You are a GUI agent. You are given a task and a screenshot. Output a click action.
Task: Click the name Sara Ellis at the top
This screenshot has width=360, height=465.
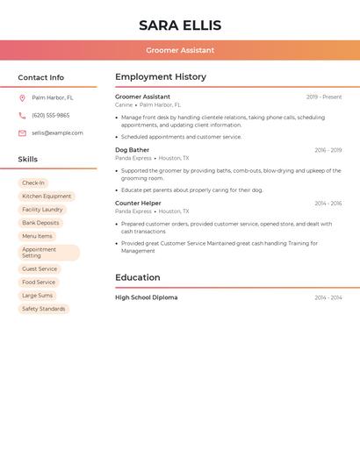[180, 25]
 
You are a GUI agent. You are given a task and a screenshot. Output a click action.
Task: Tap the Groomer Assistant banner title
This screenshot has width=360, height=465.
[180, 50]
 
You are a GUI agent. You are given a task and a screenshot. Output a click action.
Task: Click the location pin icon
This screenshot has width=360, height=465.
[22, 98]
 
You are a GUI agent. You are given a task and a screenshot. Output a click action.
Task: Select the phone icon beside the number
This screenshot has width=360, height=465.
[22, 115]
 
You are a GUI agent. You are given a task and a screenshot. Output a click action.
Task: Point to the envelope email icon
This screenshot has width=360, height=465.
[22, 133]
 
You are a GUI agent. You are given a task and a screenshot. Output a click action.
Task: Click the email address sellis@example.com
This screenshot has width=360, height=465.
[57, 133]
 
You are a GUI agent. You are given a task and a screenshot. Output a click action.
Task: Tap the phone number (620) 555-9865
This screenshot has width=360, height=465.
[50, 115]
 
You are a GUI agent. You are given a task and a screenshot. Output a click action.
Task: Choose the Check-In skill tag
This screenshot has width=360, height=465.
[33, 183]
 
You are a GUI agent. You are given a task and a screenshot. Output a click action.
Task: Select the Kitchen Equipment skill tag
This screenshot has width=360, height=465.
[47, 197]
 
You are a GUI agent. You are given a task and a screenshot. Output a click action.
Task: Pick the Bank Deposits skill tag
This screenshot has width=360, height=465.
[40, 223]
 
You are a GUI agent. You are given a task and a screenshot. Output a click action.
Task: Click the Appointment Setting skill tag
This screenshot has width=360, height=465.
[48, 253]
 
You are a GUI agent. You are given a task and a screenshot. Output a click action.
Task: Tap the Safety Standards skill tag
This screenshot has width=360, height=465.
[44, 309]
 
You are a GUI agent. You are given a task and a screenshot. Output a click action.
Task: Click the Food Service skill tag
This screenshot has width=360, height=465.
[39, 283]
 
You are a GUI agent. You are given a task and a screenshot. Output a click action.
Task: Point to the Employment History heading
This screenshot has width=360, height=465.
[161, 77]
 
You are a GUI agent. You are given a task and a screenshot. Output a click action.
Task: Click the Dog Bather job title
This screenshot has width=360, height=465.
[133, 150]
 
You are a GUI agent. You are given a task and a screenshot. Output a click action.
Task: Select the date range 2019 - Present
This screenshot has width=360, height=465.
[324, 97]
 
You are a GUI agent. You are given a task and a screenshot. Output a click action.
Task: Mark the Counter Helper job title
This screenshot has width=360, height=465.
[138, 204]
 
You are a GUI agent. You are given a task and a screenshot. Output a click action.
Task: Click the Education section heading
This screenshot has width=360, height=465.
[138, 277]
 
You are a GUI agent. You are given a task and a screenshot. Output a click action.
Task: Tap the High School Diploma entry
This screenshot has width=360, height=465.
[147, 297]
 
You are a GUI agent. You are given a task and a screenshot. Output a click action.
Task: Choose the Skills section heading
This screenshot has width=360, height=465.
[28, 160]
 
